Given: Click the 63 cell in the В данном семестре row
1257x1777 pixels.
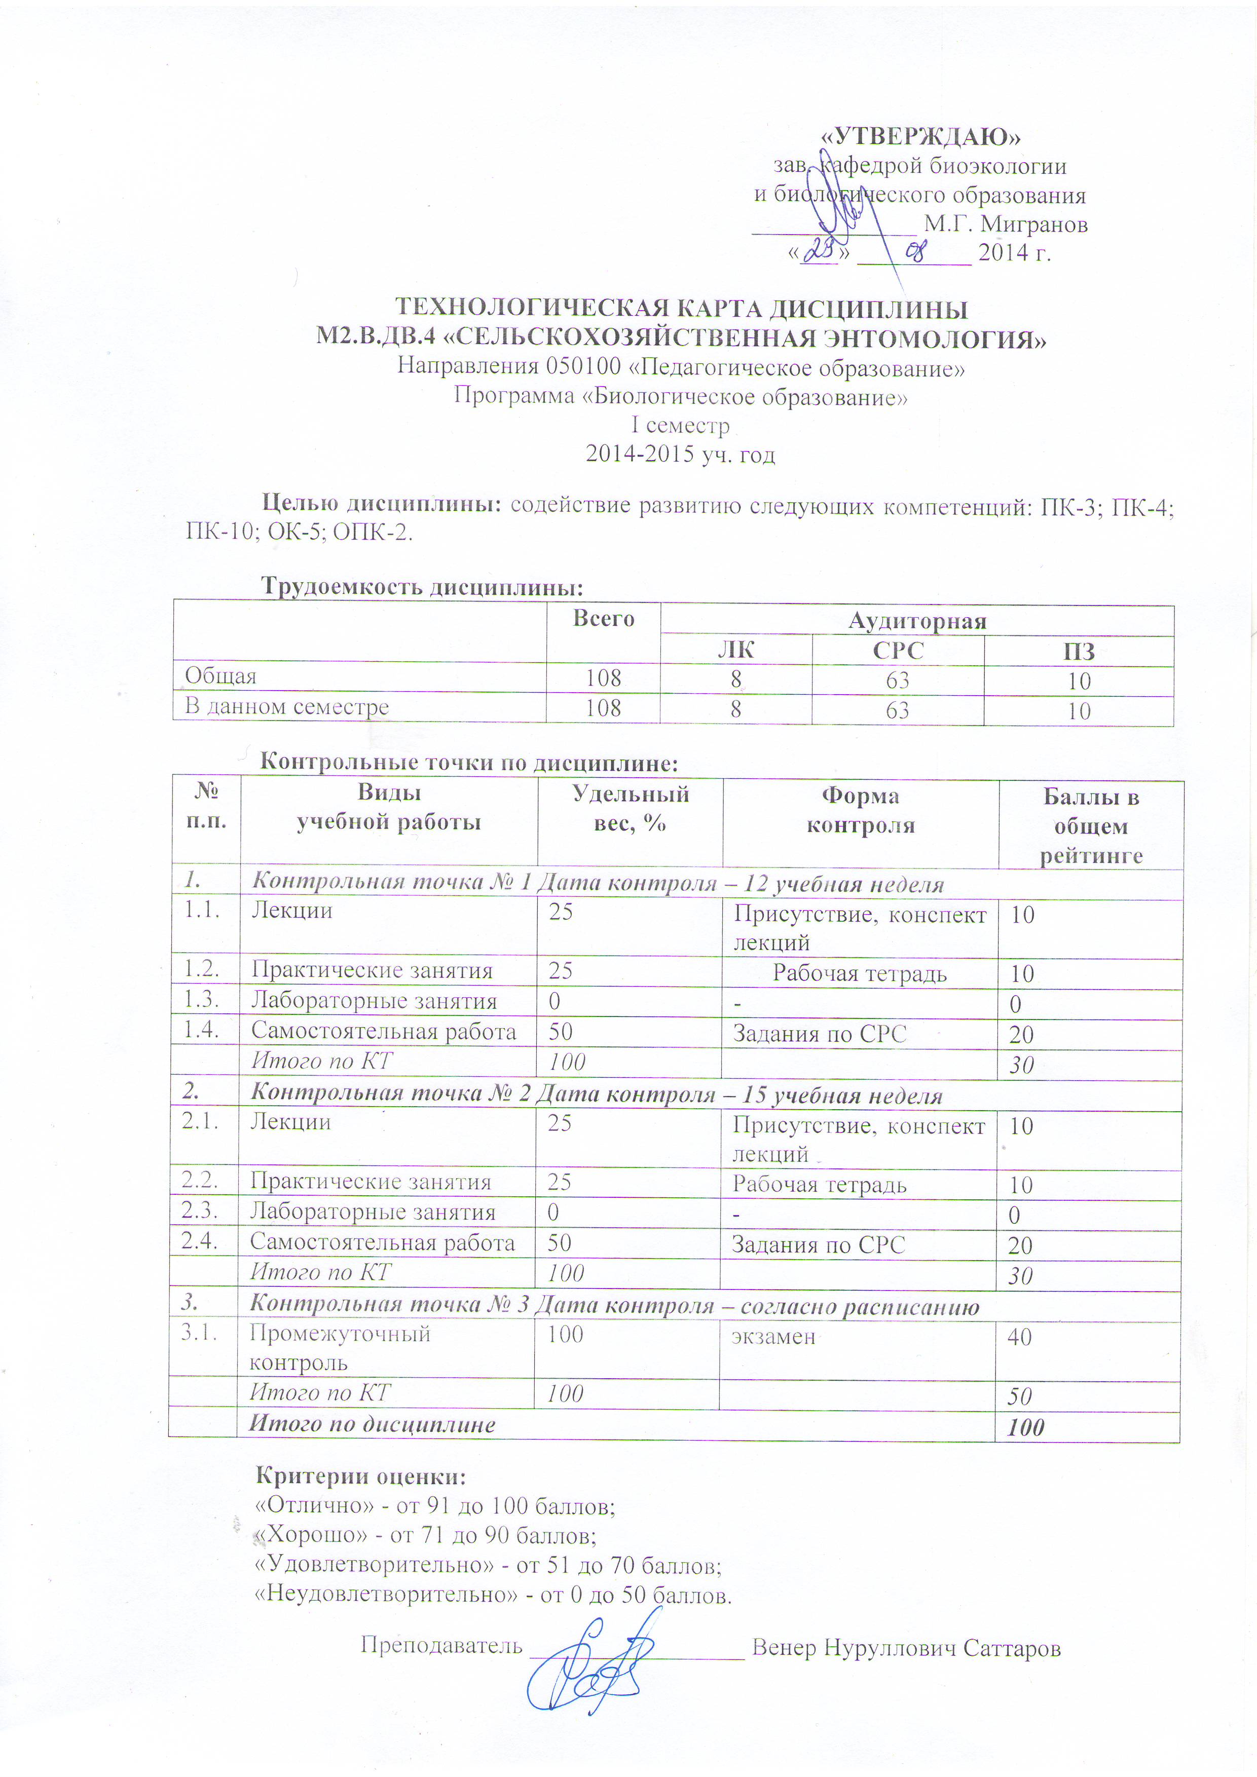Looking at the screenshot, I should [897, 710].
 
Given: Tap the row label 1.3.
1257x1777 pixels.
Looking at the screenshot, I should [201, 999].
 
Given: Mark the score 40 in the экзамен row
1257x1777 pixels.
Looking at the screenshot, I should [1019, 1337].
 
